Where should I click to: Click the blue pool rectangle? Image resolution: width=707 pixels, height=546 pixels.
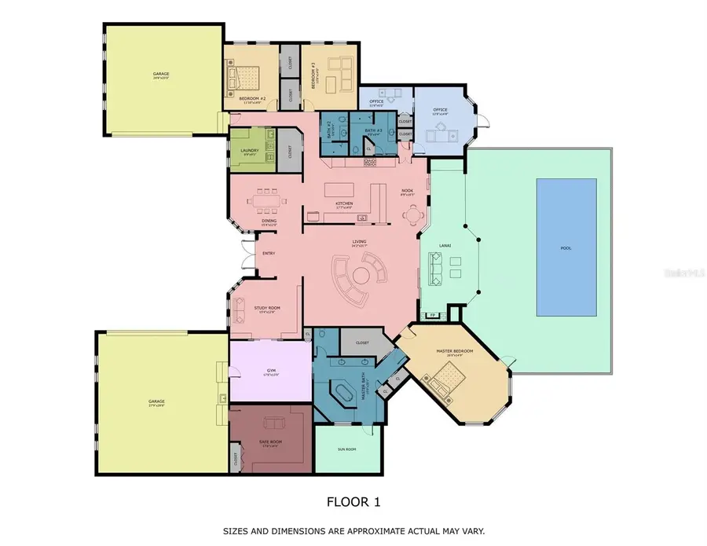566,244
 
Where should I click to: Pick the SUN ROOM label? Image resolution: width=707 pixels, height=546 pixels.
346,450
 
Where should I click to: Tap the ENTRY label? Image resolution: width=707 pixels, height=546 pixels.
268,254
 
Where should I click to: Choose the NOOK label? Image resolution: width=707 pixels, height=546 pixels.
407,191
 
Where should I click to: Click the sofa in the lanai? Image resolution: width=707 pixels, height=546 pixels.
434,269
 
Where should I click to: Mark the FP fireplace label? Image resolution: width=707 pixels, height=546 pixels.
432,316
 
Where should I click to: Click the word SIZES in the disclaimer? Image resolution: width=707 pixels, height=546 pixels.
237,531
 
